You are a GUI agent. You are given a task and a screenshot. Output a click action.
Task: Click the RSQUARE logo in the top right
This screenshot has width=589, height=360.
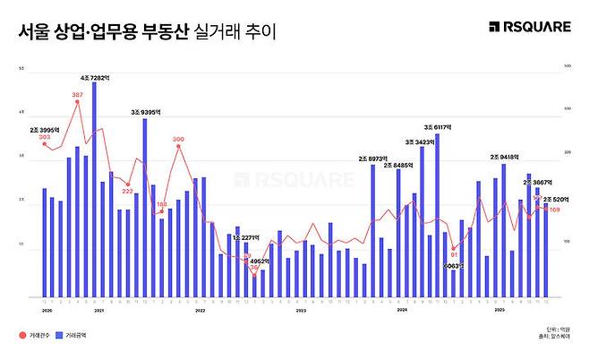click(530, 27)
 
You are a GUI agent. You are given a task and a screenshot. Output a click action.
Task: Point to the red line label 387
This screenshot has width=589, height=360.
click(78, 94)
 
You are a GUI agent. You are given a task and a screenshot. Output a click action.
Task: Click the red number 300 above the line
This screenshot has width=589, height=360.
click(178, 139)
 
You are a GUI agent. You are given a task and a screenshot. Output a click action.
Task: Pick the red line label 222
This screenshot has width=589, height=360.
click(127, 191)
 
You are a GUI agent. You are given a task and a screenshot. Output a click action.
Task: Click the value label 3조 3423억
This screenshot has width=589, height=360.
click(421, 141)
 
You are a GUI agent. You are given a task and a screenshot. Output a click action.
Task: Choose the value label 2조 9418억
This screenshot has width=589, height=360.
click(506, 157)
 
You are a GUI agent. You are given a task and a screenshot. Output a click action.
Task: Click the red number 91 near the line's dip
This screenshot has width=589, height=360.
click(454, 254)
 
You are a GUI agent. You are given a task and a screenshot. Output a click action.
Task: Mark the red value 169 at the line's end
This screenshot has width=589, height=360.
click(555, 210)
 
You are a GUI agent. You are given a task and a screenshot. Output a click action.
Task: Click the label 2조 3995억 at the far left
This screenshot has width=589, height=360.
click(45, 130)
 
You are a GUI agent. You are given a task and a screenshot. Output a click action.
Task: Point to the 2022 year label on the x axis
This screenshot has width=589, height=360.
click(201, 309)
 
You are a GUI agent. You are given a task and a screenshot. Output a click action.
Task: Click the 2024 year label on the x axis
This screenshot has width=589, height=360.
click(402, 309)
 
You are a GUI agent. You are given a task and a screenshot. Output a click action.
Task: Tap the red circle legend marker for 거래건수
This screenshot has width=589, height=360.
click(22, 335)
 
